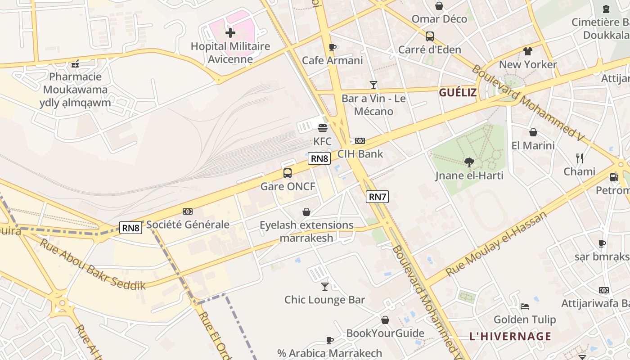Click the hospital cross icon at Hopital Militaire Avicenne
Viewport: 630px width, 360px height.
(x=230, y=33)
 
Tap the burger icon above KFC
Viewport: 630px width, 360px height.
(x=322, y=128)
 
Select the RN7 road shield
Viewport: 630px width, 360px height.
(x=377, y=197)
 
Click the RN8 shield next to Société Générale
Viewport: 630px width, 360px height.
(x=131, y=228)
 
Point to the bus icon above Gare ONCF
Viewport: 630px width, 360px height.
(x=288, y=173)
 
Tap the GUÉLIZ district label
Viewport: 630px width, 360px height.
(x=458, y=93)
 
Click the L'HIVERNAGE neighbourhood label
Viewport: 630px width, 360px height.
(x=510, y=336)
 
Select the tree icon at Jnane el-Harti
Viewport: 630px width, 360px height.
(x=469, y=162)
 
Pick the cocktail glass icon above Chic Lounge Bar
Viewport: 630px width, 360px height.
(x=325, y=286)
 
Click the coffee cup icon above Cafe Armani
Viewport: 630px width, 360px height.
(x=333, y=47)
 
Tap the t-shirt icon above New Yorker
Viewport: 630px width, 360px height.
(x=528, y=51)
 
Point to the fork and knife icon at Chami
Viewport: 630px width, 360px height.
(x=580, y=158)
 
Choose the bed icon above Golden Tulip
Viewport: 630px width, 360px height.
(x=525, y=306)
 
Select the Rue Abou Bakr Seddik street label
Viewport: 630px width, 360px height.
(x=93, y=265)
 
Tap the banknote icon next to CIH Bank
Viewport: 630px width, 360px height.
(x=360, y=141)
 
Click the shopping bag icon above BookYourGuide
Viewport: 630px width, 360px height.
(x=385, y=320)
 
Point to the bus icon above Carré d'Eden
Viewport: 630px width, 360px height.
(x=430, y=36)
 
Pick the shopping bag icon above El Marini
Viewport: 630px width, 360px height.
(x=533, y=132)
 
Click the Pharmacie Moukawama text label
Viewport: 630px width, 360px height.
(x=76, y=83)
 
